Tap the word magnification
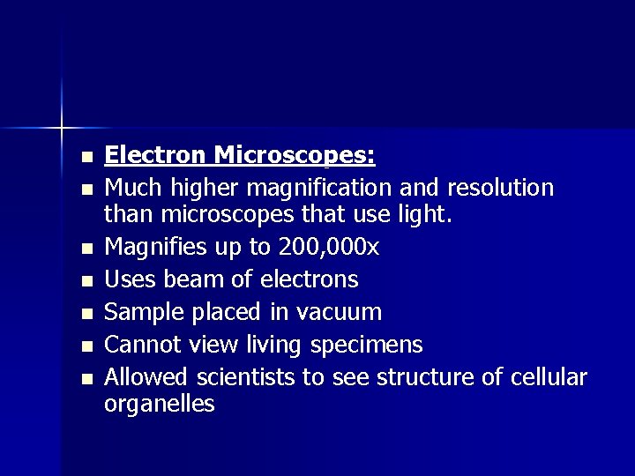click(320, 189)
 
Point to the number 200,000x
click(327, 248)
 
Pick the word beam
click(195, 280)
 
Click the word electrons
click(309, 280)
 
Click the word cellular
click(548, 377)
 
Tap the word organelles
click(160, 405)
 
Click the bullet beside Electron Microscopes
click(86, 159)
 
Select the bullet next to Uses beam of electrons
click(86, 282)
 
